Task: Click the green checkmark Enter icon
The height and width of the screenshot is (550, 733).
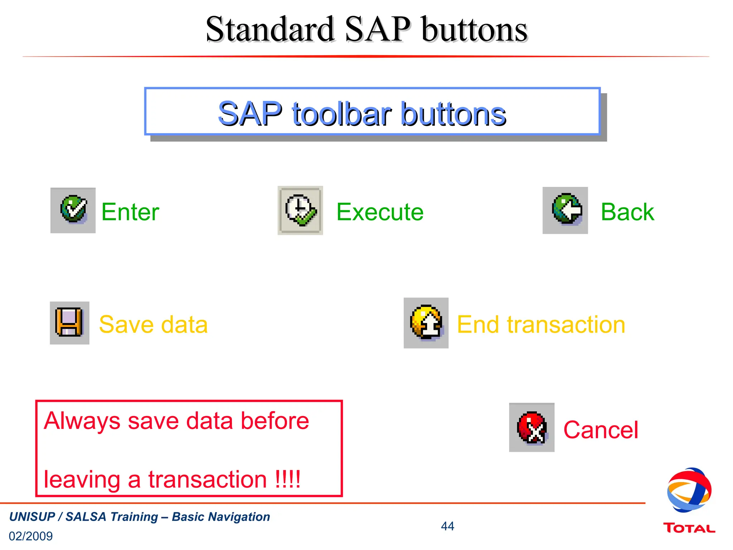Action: click(x=73, y=210)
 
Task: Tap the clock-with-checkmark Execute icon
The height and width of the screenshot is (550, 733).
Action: click(x=301, y=211)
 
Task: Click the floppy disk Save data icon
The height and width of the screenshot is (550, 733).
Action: click(x=69, y=323)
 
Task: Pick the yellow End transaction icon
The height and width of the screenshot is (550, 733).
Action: click(x=426, y=323)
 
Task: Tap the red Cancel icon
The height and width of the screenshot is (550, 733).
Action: click(x=532, y=427)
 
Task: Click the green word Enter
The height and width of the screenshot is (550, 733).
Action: click(x=130, y=212)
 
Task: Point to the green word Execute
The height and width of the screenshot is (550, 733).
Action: click(x=380, y=212)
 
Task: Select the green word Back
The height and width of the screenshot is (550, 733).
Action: click(x=627, y=212)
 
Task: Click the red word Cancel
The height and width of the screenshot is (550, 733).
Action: click(x=601, y=430)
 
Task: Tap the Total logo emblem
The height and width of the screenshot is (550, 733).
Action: click(x=689, y=490)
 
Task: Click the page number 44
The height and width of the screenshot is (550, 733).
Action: click(x=447, y=526)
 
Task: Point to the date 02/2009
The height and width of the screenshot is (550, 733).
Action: click(x=31, y=536)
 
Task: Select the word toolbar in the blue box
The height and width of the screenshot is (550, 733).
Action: click(x=341, y=114)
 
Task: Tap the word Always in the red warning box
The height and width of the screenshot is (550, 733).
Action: click(x=82, y=421)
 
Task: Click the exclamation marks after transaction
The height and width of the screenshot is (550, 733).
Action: click(x=288, y=479)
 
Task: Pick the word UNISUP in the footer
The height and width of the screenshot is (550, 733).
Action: click(x=32, y=517)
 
